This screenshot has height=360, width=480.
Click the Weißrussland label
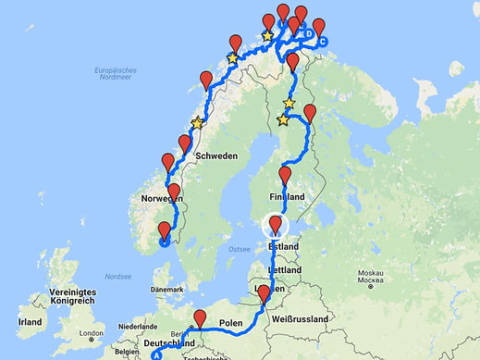click(x=302, y=318)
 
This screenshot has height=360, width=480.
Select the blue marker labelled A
click(x=157, y=354)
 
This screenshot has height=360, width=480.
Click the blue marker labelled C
click(x=322, y=42)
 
